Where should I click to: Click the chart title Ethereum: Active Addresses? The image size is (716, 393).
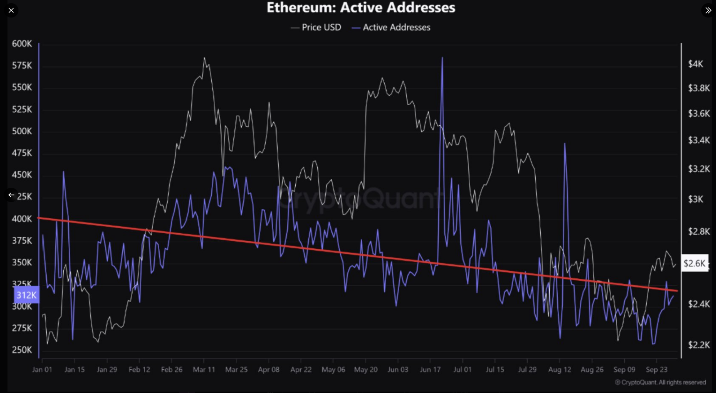coord(361,8)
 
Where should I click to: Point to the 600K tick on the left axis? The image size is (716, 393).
coord(22,44)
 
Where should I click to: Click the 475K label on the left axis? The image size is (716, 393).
coord(22,153)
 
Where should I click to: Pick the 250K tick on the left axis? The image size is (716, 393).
coord(22,350)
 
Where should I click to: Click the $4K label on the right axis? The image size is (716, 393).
coord(695,64)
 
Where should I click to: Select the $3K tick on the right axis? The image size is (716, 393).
coord(695,199)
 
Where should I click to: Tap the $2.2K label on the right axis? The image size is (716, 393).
coord(699,345)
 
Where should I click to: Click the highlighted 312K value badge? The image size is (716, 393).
coord(26,295)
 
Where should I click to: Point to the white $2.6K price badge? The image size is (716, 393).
coord(694,263)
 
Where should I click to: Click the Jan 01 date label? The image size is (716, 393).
coord(42,370)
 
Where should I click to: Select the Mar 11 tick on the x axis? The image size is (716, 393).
coord(204,370)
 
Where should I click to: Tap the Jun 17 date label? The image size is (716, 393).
coord(430,370)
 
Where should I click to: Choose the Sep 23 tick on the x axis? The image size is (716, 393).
coord(657,370)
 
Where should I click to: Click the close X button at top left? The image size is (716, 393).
coord(11,10)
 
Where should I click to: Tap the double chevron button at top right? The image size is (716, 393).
coord(708,10)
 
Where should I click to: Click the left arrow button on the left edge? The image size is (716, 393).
coord(11,195)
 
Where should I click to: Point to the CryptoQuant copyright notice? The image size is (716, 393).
coord(660,383)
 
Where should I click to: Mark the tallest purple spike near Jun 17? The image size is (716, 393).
coord(442,58)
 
